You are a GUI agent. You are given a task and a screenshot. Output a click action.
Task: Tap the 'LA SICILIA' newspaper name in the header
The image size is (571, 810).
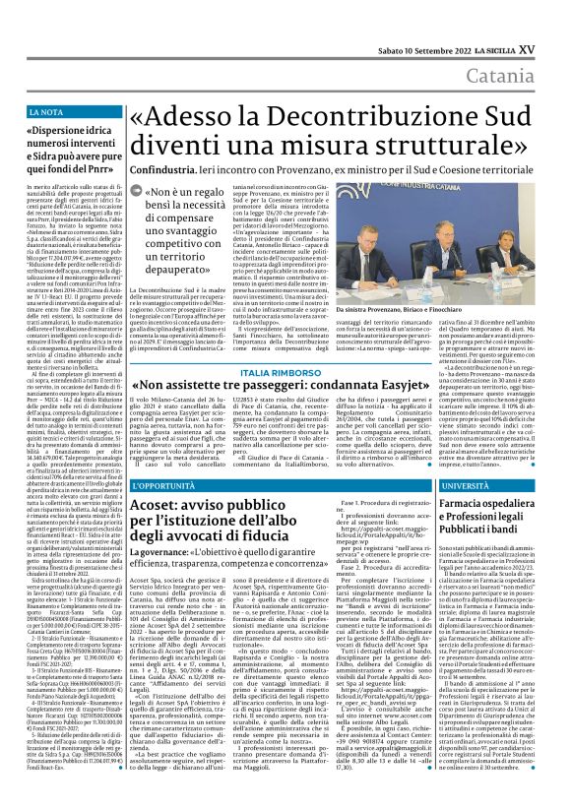[508, 19]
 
